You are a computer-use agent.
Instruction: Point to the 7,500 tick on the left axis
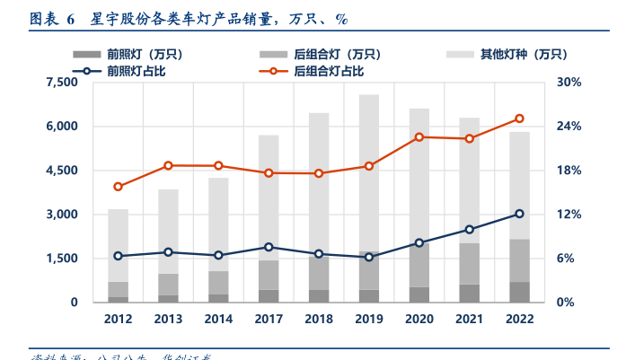click(62, 83)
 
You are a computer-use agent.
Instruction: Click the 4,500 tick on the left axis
click(62, 171)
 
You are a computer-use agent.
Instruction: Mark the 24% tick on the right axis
click(569, 127)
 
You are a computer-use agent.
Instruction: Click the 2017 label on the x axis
click(269, 319)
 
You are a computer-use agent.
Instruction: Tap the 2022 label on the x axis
click(519, 319)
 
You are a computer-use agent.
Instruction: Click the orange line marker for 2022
click(519, 119)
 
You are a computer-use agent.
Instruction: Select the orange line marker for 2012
click(118, 187)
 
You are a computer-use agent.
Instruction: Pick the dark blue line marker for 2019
click(368, 258)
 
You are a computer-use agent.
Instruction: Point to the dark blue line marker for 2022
click(519, 214)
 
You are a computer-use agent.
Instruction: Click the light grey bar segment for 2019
click(368, 171)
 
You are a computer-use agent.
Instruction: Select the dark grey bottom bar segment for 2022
click(519, 293)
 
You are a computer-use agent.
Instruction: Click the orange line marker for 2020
click(419, 137)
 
